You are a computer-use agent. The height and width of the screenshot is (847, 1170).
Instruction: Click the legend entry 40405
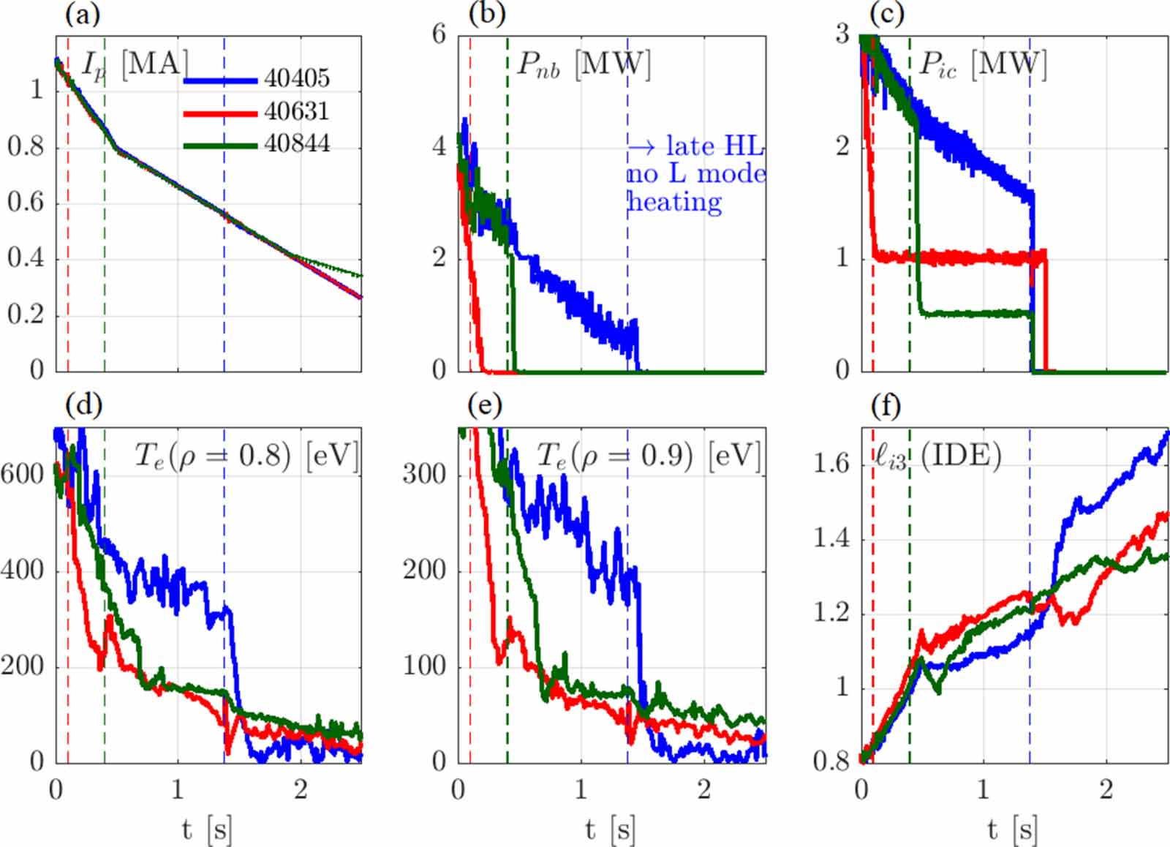coord(296,78)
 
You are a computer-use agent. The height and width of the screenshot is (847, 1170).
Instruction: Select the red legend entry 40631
coord(296,111)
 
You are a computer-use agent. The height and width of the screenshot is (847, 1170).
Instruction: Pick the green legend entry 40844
coord(296,143)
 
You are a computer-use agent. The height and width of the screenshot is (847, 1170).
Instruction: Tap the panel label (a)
coord(82,14)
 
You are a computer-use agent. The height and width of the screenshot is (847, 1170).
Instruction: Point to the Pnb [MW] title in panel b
coord(583,65)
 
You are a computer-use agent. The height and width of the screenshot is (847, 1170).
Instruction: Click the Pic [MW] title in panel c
coord(982,65)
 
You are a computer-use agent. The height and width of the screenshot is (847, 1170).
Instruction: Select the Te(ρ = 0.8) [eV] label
coord(246,456)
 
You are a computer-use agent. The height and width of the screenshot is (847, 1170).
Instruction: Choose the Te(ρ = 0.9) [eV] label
coord(649,456)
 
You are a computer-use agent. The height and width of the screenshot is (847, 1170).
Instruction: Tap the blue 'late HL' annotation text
coord(695,146)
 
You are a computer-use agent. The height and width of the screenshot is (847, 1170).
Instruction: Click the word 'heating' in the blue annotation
coord(675,201)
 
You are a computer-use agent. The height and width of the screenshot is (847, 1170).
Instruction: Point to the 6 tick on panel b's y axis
coord(439,34)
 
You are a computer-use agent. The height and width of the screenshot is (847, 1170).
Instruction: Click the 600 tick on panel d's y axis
coord(23,474)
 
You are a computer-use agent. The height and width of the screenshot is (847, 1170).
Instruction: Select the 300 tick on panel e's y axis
coord(425,474)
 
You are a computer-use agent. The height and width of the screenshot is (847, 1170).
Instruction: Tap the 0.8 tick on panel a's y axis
coord(26,146)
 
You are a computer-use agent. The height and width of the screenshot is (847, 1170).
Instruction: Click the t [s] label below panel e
coord(610,829)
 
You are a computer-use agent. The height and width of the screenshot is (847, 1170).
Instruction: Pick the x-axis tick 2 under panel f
coord(1106,790)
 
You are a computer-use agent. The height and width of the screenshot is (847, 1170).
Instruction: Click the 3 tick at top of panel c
coord(842,34)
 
